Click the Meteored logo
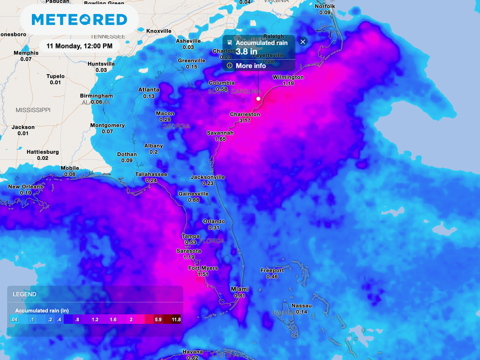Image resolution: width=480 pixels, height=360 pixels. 79,20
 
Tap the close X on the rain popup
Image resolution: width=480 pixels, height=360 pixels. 303,42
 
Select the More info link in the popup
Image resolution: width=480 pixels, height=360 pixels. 251,66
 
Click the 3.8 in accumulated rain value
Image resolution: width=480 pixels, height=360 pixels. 246,52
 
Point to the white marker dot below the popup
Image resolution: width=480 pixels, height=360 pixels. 258,99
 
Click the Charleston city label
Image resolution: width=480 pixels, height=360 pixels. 245,114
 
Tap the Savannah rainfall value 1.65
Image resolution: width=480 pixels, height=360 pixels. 220,139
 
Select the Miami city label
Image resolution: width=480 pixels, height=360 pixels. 240,289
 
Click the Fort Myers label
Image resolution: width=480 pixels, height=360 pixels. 203,268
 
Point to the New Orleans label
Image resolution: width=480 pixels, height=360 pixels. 25,187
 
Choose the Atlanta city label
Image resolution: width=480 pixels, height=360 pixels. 149,90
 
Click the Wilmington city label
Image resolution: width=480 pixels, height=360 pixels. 288,77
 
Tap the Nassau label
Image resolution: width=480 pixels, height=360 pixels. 301,306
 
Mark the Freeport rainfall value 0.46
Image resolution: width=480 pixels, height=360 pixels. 272,277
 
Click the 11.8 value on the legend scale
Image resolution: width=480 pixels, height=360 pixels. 176,320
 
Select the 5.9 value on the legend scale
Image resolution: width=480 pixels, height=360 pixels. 158,320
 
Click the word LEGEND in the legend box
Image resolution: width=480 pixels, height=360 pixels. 24,294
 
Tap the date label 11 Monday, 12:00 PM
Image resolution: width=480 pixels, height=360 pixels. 79,46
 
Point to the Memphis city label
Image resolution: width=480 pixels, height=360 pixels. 26,53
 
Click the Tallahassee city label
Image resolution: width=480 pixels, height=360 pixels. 151,174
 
